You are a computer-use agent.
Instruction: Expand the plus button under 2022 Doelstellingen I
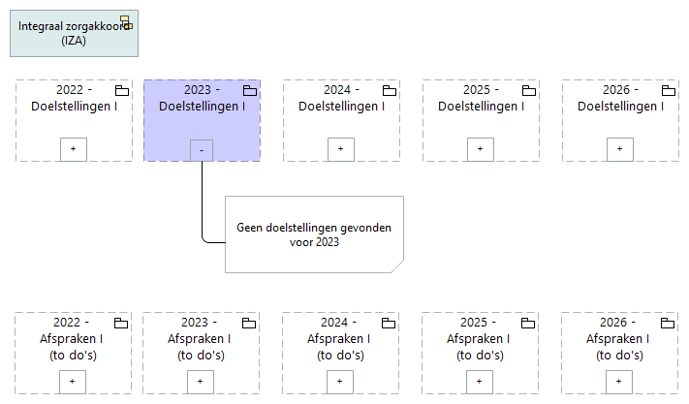point(74,149)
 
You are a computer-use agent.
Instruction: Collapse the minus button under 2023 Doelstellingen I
point(201,149)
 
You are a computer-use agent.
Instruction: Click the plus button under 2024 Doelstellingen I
point(340,149)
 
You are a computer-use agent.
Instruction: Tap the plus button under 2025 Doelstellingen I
point(480,149)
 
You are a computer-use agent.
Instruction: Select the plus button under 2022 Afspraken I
point(74,382)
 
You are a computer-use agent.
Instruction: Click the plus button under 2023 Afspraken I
point(201,382)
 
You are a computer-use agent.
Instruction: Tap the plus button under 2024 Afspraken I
point(340,382)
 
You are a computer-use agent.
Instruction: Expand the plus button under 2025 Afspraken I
point(480,382)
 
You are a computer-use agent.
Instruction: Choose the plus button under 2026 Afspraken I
point(619,382)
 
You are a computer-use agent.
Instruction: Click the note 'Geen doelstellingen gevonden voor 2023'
point(313,234)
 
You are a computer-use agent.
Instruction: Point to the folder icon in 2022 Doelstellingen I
point(121,91)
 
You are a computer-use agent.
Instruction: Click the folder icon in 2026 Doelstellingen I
point(667,91)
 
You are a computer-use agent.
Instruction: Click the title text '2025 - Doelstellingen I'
point(481,98)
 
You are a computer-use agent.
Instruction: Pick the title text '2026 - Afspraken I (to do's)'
point(619,339)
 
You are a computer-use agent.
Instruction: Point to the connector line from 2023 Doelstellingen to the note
point(202,203)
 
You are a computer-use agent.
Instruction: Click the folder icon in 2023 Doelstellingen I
point(249,91)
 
